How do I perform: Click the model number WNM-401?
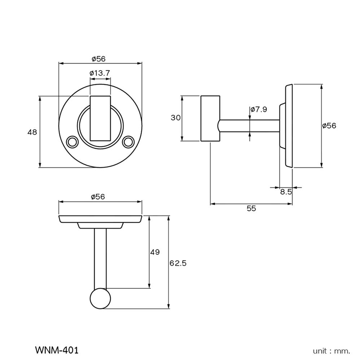click(x=57, y=350)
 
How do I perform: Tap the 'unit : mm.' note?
click(x=331, y=351)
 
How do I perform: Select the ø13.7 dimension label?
click(x=100, y=73)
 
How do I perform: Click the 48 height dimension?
click(x=32, y=132)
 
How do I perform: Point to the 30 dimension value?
click(x=175, y=118)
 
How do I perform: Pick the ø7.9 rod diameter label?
click(x=258, y=109)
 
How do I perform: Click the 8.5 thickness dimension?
click(x=286, y=192)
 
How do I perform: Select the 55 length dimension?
click(x=251, y=208)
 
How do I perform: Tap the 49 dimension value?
click(x=155, y=252)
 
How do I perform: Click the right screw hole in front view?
click(x=127, y=142)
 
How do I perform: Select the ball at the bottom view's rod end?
click(x=100, y=299)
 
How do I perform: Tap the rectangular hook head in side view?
click(x=210, y=118)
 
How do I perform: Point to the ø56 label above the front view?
click(x=98, y=59)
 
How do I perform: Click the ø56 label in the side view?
click(x=329, y=126)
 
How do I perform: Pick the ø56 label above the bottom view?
click(x=98, y=197)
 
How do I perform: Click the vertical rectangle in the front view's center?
click(x=100, y=118)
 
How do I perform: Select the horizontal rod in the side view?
click(x=249, y=126)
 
